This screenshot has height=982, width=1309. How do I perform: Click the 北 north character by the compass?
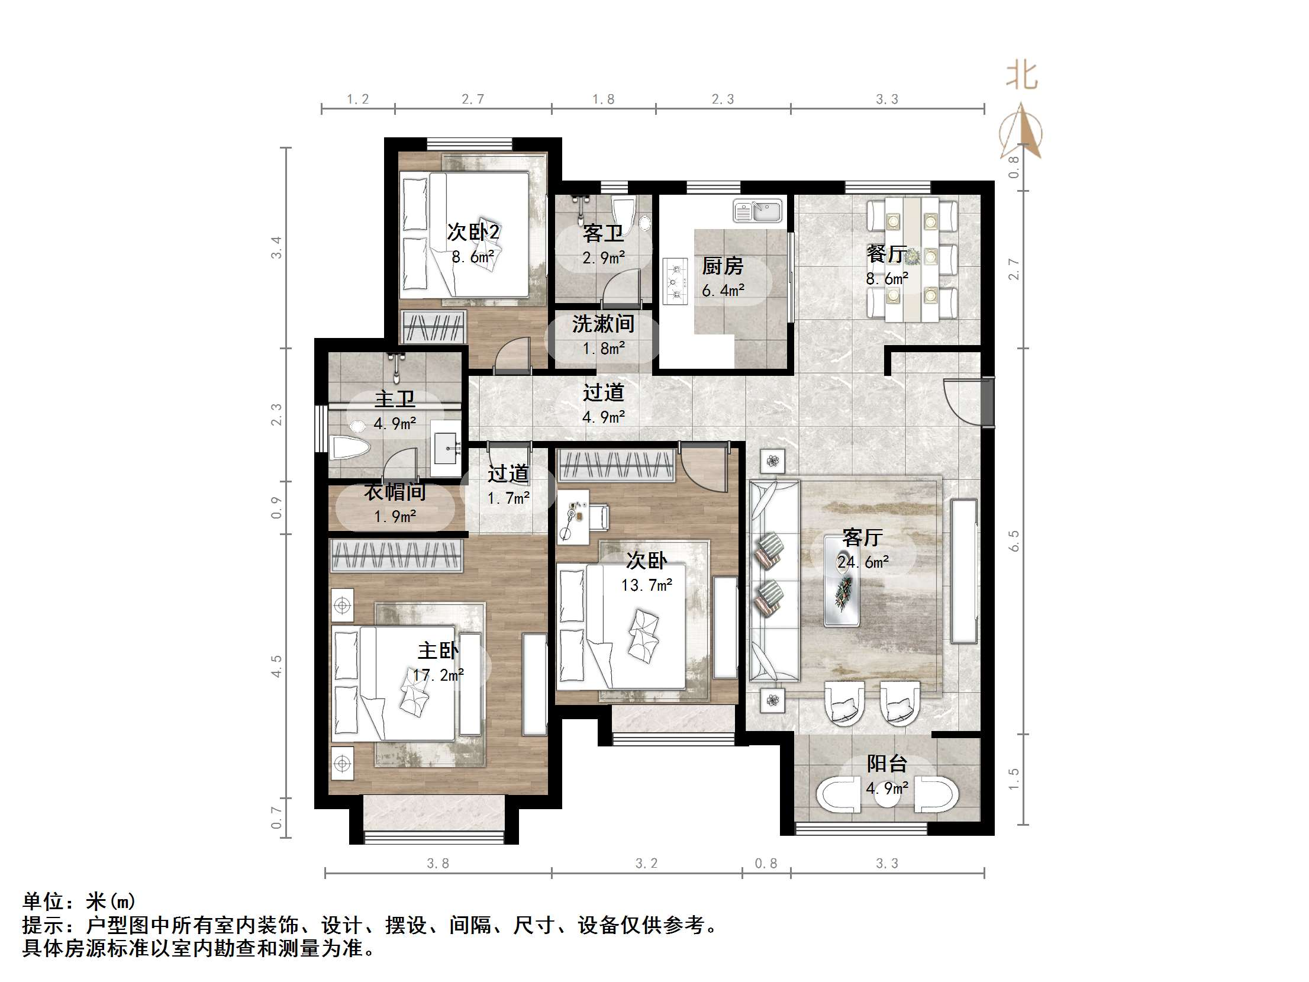[x=1022, y=76]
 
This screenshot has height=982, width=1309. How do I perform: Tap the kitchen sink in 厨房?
[x=758, y=211]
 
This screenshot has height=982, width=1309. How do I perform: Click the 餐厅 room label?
[x=886, y=254]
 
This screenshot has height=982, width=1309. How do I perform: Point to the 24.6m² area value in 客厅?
[x=863, y=562]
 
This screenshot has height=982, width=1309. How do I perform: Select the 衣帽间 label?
[x=395, y=492]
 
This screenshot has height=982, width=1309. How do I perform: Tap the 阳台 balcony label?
[x=886, y=764]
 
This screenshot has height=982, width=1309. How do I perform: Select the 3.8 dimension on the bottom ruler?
[x=438, y=864]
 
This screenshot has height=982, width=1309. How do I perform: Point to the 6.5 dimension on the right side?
[x=1014, y=540]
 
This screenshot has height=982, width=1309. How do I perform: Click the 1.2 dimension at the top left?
[x=357, y=99]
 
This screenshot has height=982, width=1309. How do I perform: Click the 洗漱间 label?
[x=603, y=324]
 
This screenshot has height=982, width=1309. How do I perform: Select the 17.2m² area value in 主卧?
[x=438, y=675]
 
